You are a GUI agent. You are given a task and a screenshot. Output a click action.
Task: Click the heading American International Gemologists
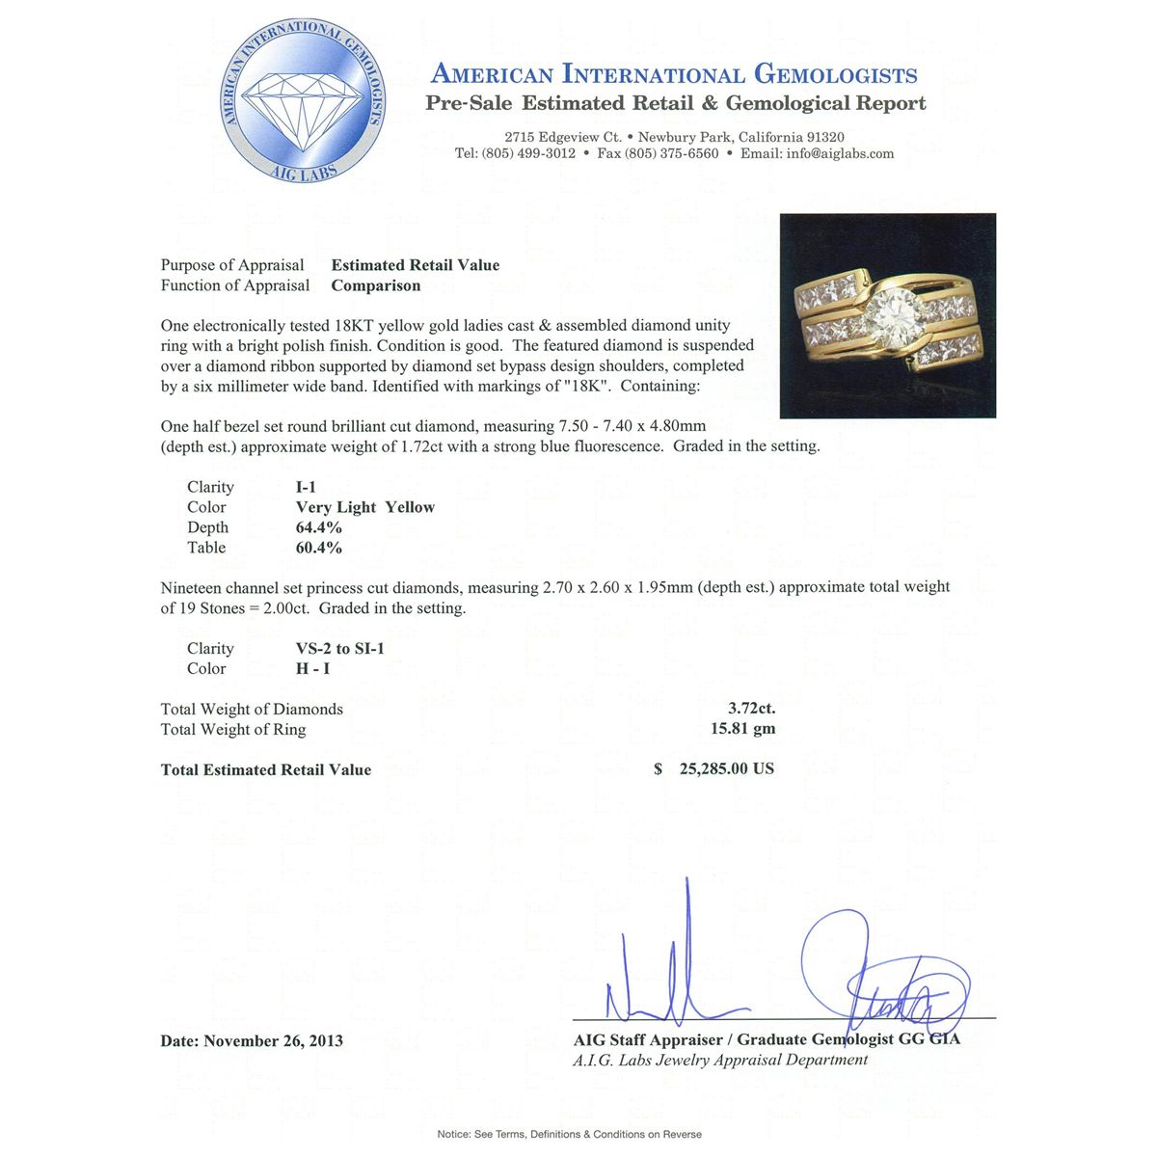pos(674,74)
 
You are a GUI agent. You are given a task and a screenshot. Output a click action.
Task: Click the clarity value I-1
pos(306,487)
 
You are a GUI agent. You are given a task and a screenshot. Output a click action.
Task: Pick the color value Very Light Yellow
pos(364,507)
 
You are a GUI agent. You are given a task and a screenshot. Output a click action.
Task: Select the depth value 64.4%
pos(318,527)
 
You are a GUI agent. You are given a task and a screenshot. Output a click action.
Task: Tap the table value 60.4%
pos(318,548)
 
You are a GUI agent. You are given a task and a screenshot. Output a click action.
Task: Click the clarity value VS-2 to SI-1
pos(339,648)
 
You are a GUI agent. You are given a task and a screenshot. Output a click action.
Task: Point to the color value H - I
pos(313,668)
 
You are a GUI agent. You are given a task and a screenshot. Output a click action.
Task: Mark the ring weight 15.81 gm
pos(742,729)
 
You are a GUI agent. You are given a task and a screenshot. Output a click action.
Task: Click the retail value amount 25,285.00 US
pos(726,769)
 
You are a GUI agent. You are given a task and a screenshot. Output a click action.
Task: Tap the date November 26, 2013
pos(273,1040)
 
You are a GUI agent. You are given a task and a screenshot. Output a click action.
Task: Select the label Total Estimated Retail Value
pos(266,769)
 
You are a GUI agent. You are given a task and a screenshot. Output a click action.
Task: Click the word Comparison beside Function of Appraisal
pos(376,285)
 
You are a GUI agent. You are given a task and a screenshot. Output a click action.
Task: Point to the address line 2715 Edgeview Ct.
pos(562,137)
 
